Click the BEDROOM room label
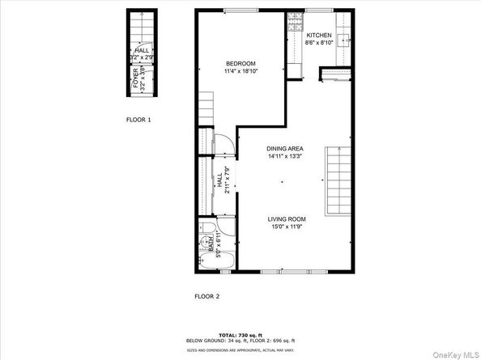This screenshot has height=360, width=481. click(x=240, y=64)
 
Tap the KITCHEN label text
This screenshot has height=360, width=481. click(x=318, y=36)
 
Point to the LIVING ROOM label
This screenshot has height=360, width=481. click(x=287, y=218)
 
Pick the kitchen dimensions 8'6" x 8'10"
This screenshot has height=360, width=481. click(x=318, y=44)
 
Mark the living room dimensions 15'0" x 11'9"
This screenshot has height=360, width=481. click(x=287, y=227)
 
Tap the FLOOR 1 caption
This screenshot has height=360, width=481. click(x=138, y=120)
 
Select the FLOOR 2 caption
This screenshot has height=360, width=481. click(x=206, y=296)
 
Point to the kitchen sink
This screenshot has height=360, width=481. click(x=346, y=40)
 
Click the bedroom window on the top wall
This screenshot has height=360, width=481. click(x=237, y=11)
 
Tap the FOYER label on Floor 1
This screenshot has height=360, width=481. click(x=135, y=78)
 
